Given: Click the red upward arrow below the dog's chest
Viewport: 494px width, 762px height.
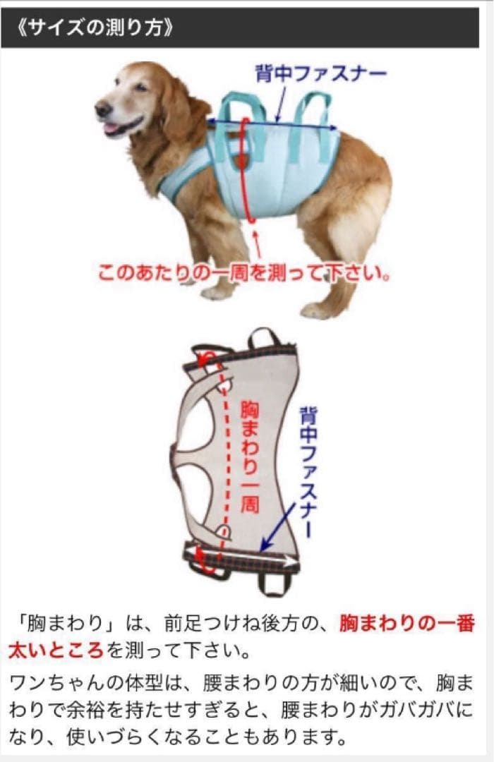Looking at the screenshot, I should pyautogui.click(x=257, y=244).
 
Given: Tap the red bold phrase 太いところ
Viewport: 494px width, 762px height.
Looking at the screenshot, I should pyautogui.click(x=56, y=648).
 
